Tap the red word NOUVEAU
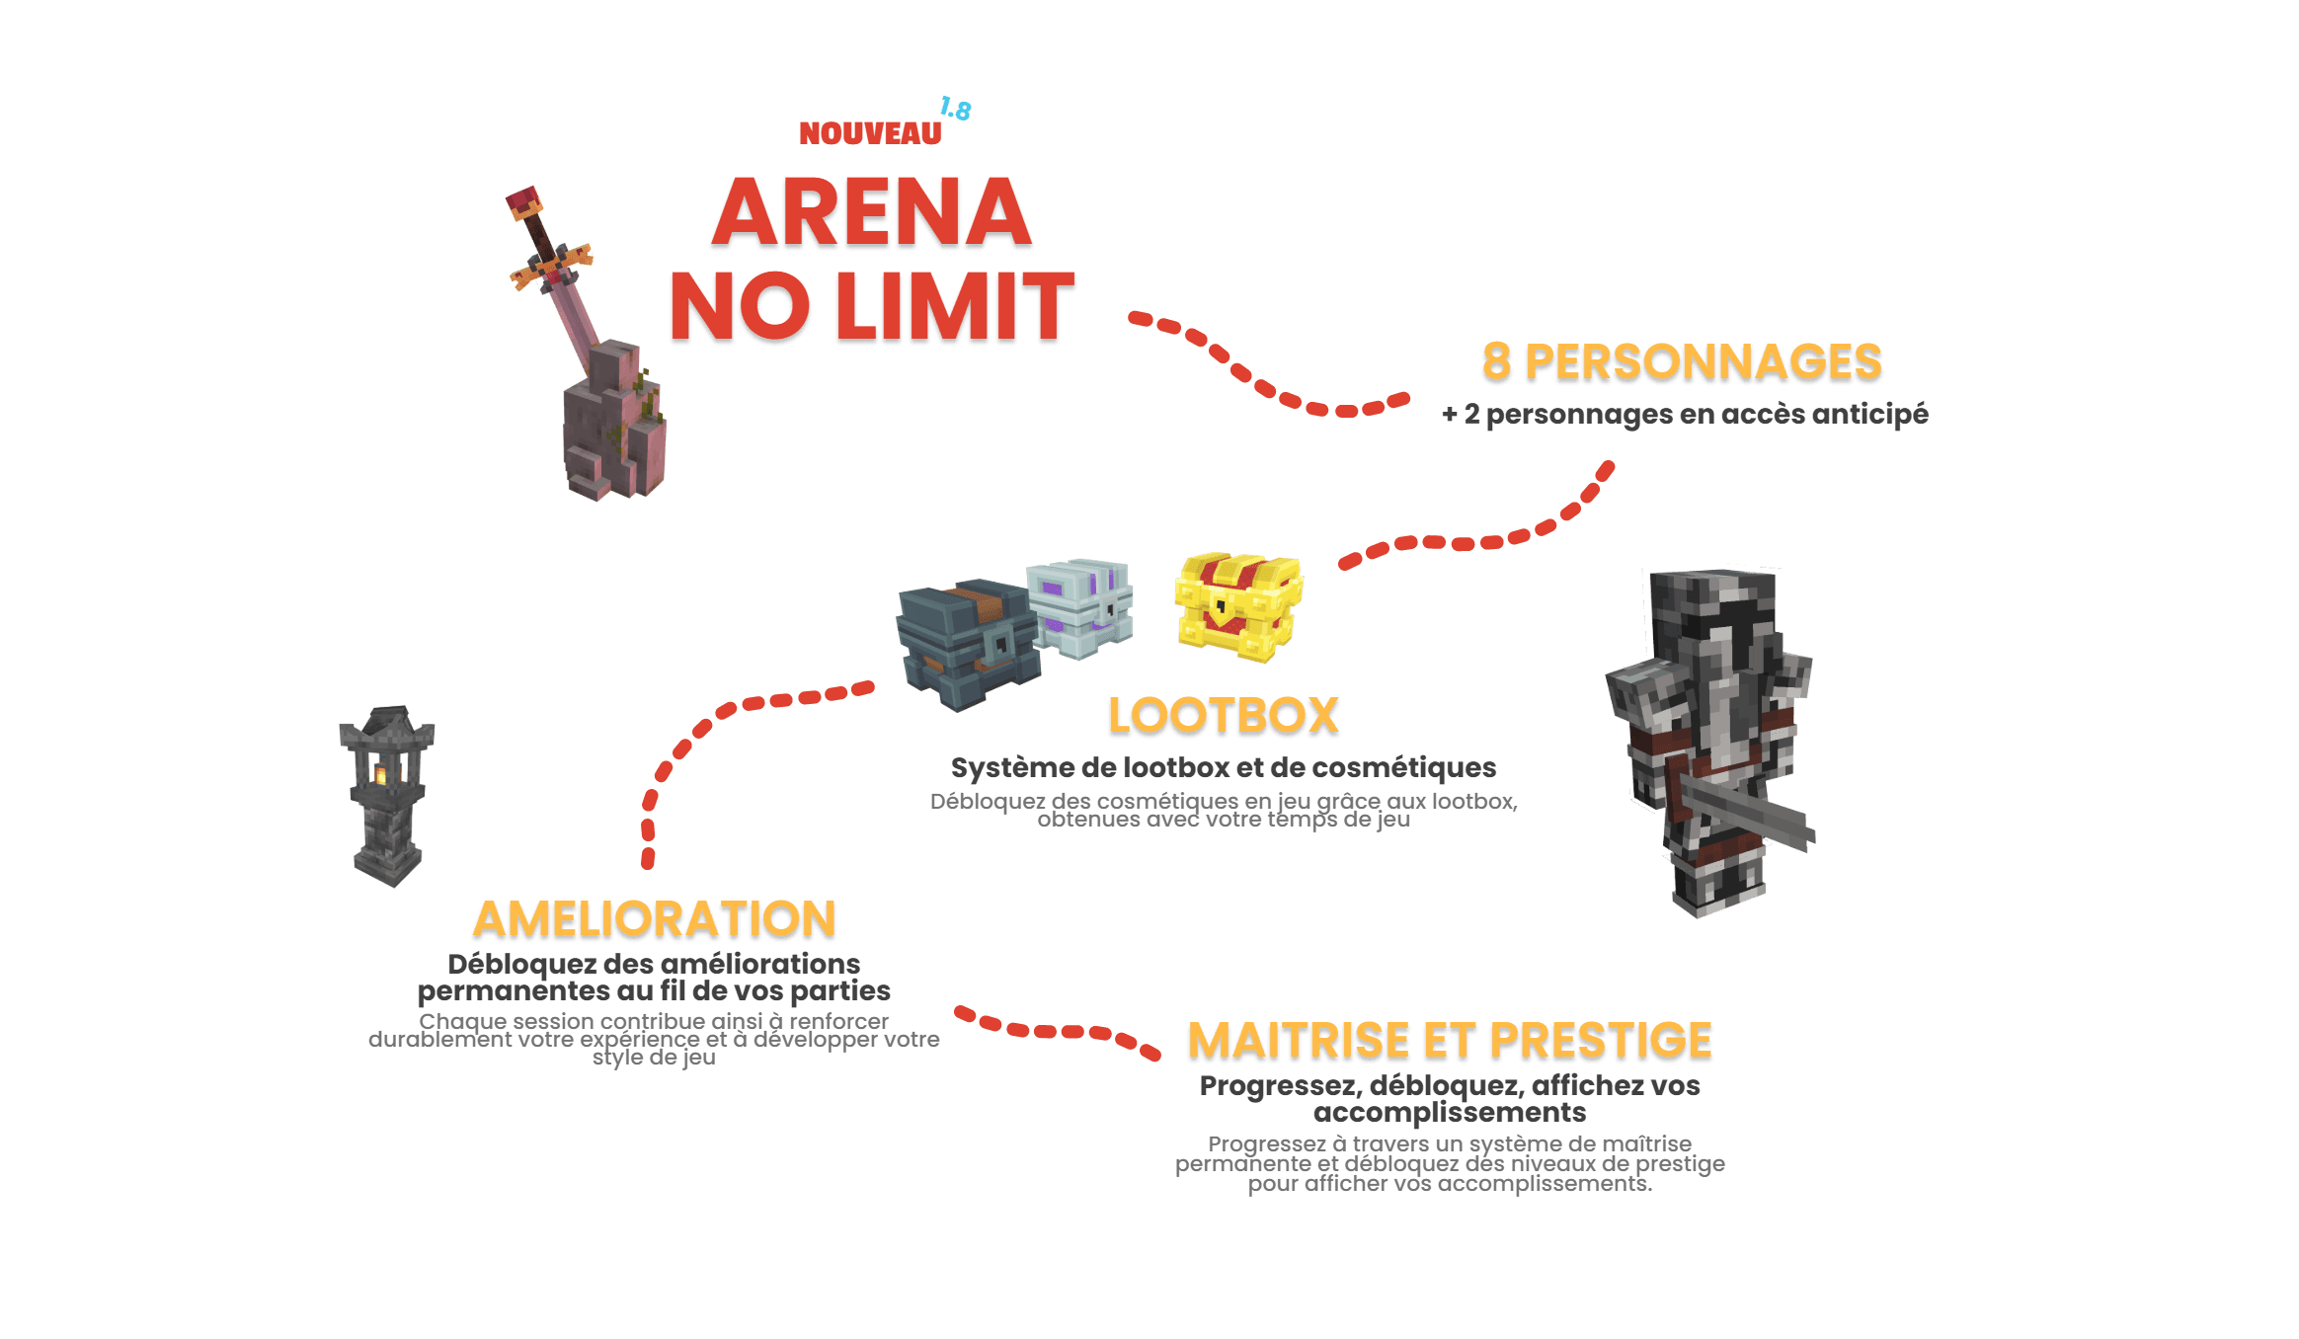(870, 134)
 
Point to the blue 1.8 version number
(956, 110)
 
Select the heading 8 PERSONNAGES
(1682, 361)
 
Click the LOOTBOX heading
(1223, 716)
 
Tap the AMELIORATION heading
(655, 919)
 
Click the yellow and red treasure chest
(1238, 605)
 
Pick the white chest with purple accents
(1080, 608)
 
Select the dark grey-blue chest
(967, 645)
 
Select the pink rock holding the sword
(613, 425)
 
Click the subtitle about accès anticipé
(1685, 414)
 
